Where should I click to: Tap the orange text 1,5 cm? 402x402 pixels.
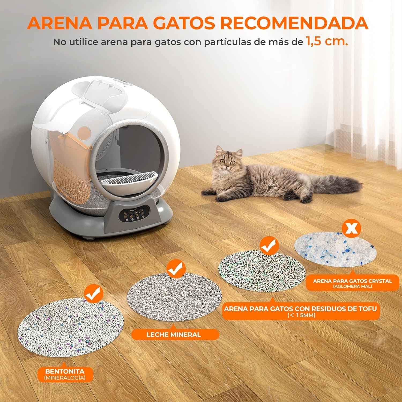click(327, 42)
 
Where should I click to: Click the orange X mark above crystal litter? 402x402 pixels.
click(352, 228)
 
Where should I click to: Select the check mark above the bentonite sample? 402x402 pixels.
click(94, 294)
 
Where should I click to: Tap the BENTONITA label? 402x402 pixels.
click(65, 371)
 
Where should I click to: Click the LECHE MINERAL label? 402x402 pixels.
click(174, 334)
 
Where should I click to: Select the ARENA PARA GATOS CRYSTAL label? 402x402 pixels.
click(352, 281)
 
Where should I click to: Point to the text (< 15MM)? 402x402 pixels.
click(301, 315)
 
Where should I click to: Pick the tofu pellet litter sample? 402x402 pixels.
click(262, 270)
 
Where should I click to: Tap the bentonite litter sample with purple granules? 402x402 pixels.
click(71, 327)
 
